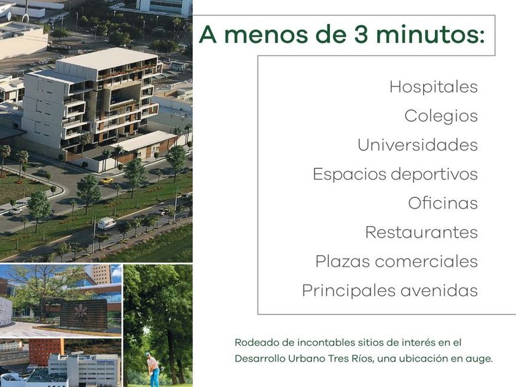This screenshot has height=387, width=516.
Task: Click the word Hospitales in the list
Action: [434, 87]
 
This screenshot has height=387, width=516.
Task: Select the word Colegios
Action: [441, 116]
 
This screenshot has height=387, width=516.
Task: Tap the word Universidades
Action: [418, 145]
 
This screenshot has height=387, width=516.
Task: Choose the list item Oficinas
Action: [443, 203]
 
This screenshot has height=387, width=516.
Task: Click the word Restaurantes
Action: [421, 232]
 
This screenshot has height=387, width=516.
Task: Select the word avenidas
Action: [439, 291]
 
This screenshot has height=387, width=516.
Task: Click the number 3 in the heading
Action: [361, 34]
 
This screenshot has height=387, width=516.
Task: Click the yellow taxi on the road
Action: [106, 181]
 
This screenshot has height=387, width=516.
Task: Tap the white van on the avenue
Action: [107, 223]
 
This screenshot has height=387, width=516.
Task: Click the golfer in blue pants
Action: [153, 369]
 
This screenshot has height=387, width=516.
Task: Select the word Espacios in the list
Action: [349, 174]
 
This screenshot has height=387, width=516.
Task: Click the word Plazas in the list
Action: [342, 261]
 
